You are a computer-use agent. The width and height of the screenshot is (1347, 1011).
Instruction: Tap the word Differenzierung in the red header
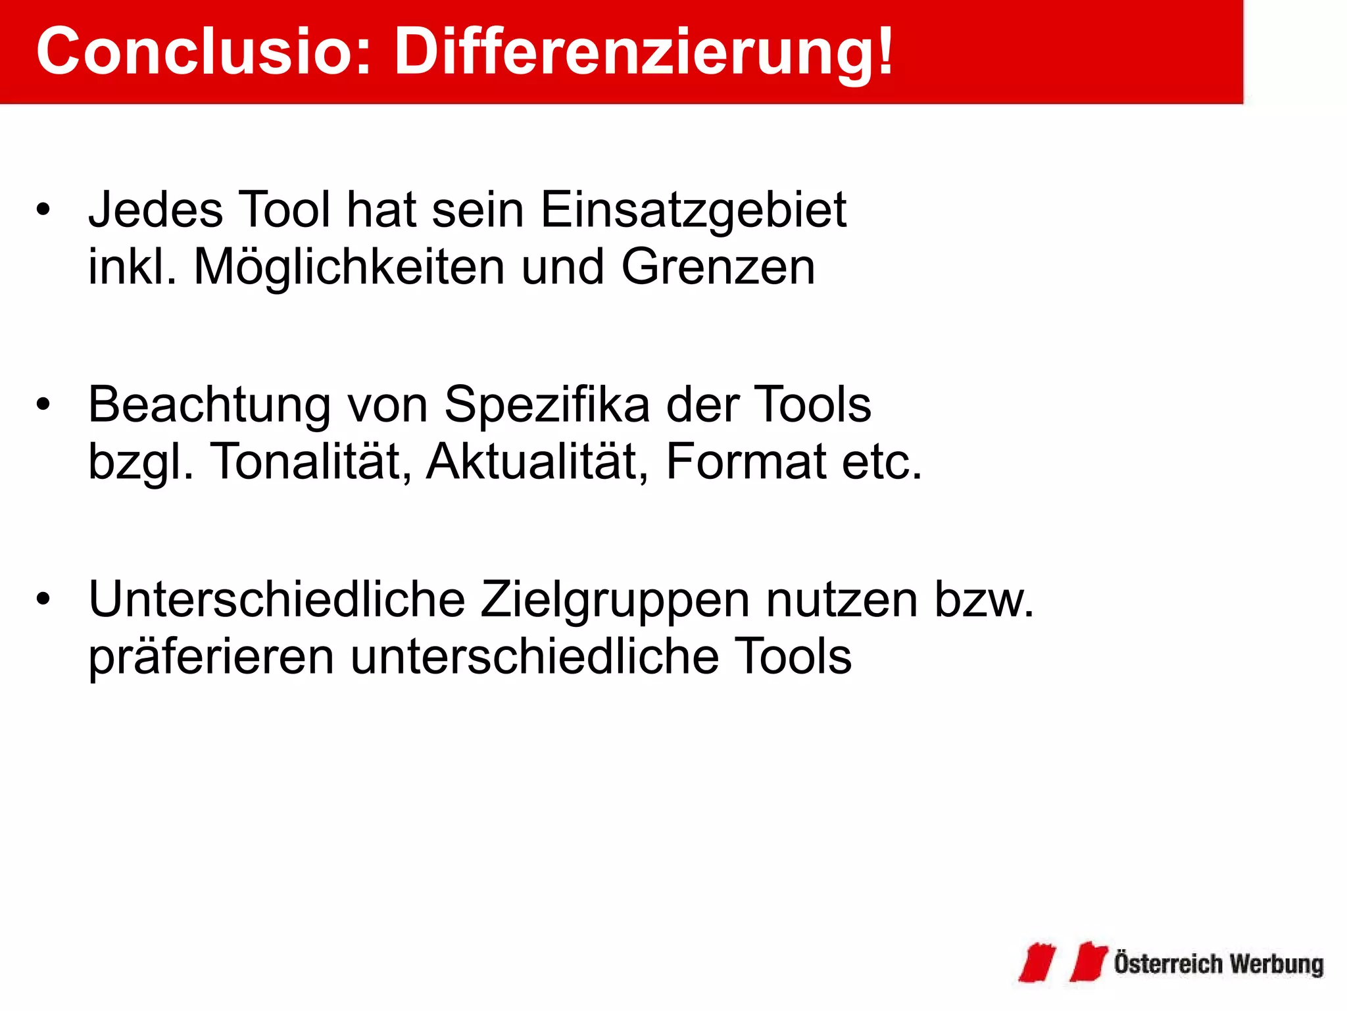coord(643,53)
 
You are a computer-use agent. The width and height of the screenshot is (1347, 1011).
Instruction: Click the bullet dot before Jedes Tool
coord(43,210)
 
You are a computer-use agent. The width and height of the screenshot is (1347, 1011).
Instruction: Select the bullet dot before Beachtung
coord(43,405)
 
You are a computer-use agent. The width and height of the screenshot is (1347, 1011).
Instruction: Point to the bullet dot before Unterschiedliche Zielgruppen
coord(43,599)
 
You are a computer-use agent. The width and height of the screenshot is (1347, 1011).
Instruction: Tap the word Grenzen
coord(718,267)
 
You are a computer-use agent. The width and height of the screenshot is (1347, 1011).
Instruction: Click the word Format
coord(745,462)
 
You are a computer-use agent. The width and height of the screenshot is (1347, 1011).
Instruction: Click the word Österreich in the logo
coord(1167,964)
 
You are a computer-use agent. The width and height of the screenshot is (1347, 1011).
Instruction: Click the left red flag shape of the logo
coord(1038,962)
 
